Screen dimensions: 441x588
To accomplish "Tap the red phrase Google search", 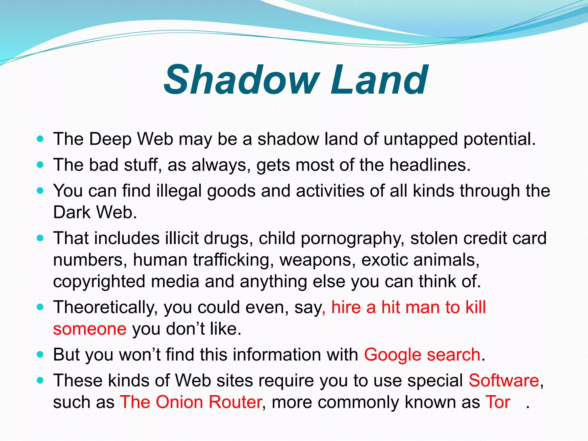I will (422, 355).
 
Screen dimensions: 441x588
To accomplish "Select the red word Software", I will (504, 380).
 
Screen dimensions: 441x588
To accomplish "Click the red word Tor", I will (498, 402).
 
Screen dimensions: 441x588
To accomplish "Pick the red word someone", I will (90, 329).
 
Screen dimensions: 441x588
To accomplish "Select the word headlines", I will (430, 165).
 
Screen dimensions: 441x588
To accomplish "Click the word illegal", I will (179, 191).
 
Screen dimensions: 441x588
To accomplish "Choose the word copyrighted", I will (99, 281).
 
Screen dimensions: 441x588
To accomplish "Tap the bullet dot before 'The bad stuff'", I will (40, 165).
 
